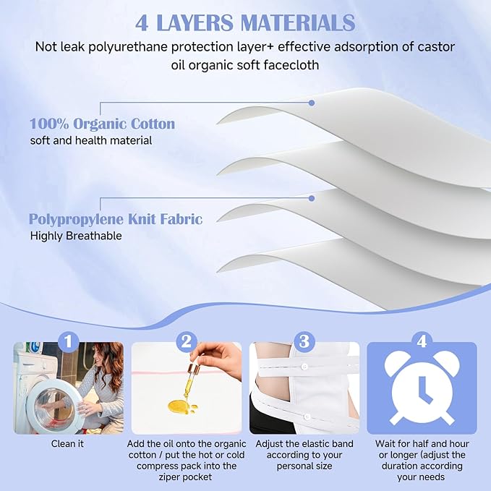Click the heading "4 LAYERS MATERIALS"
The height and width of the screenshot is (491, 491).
pyautogui.click(x=245, y=22)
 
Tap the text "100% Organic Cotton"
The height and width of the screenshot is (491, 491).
pyautogui.click(x=102, y=124)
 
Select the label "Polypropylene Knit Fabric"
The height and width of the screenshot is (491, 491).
pyautogui.click(x=116, y=218)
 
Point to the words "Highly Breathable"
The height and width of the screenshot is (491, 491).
pyautogui.click(x=76, y=236)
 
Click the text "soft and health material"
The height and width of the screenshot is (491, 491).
pyautogui.click(x=91, y=140)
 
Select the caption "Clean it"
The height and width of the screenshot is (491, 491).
pyautogui.click(x=67, y=443)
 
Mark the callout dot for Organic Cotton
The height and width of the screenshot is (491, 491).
pyautogui.click(x=312, y=103)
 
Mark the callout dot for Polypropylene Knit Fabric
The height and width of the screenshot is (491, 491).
pyautogui.click(x=312, y=197)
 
